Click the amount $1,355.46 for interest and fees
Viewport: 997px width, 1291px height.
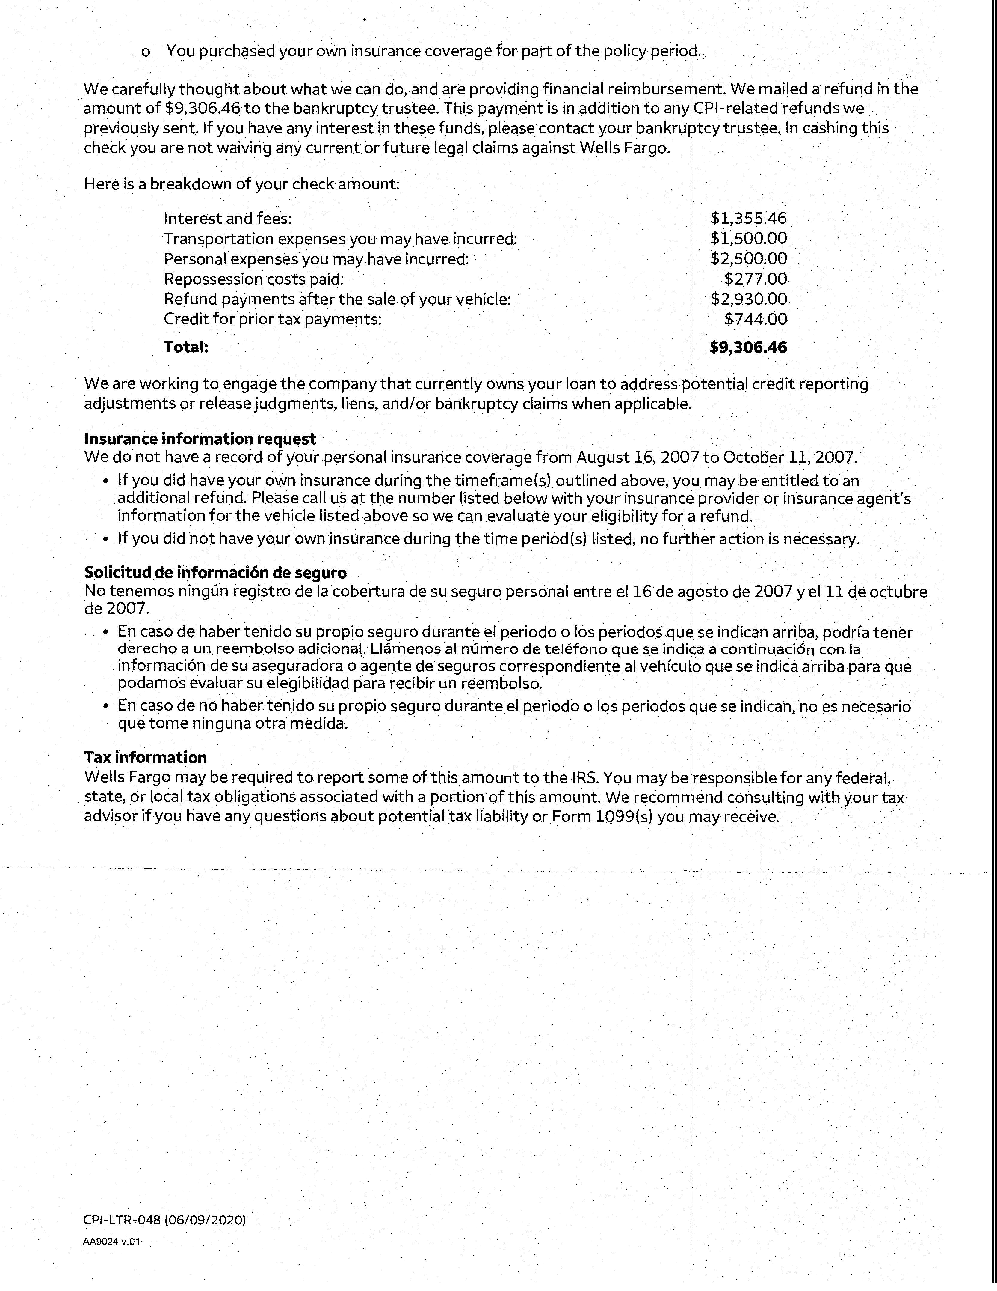click(x=748, y=219)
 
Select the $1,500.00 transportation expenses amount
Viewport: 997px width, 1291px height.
click(x=748, y=239)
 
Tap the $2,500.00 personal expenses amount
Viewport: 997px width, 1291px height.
click(x=748, y=259)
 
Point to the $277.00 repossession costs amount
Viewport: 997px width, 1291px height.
click(x=756, y=279)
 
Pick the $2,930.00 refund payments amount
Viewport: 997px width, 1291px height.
click(x=748, y=299)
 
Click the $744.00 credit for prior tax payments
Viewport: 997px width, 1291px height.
click(x=756, y=319)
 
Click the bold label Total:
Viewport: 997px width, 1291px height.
click(x=186, y=347)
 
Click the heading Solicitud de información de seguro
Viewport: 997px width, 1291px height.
click(x=215, y=572)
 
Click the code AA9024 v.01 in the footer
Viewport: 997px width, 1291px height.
click(x=112, y=1241)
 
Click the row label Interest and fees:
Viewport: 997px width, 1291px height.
click(x=227, y=219)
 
